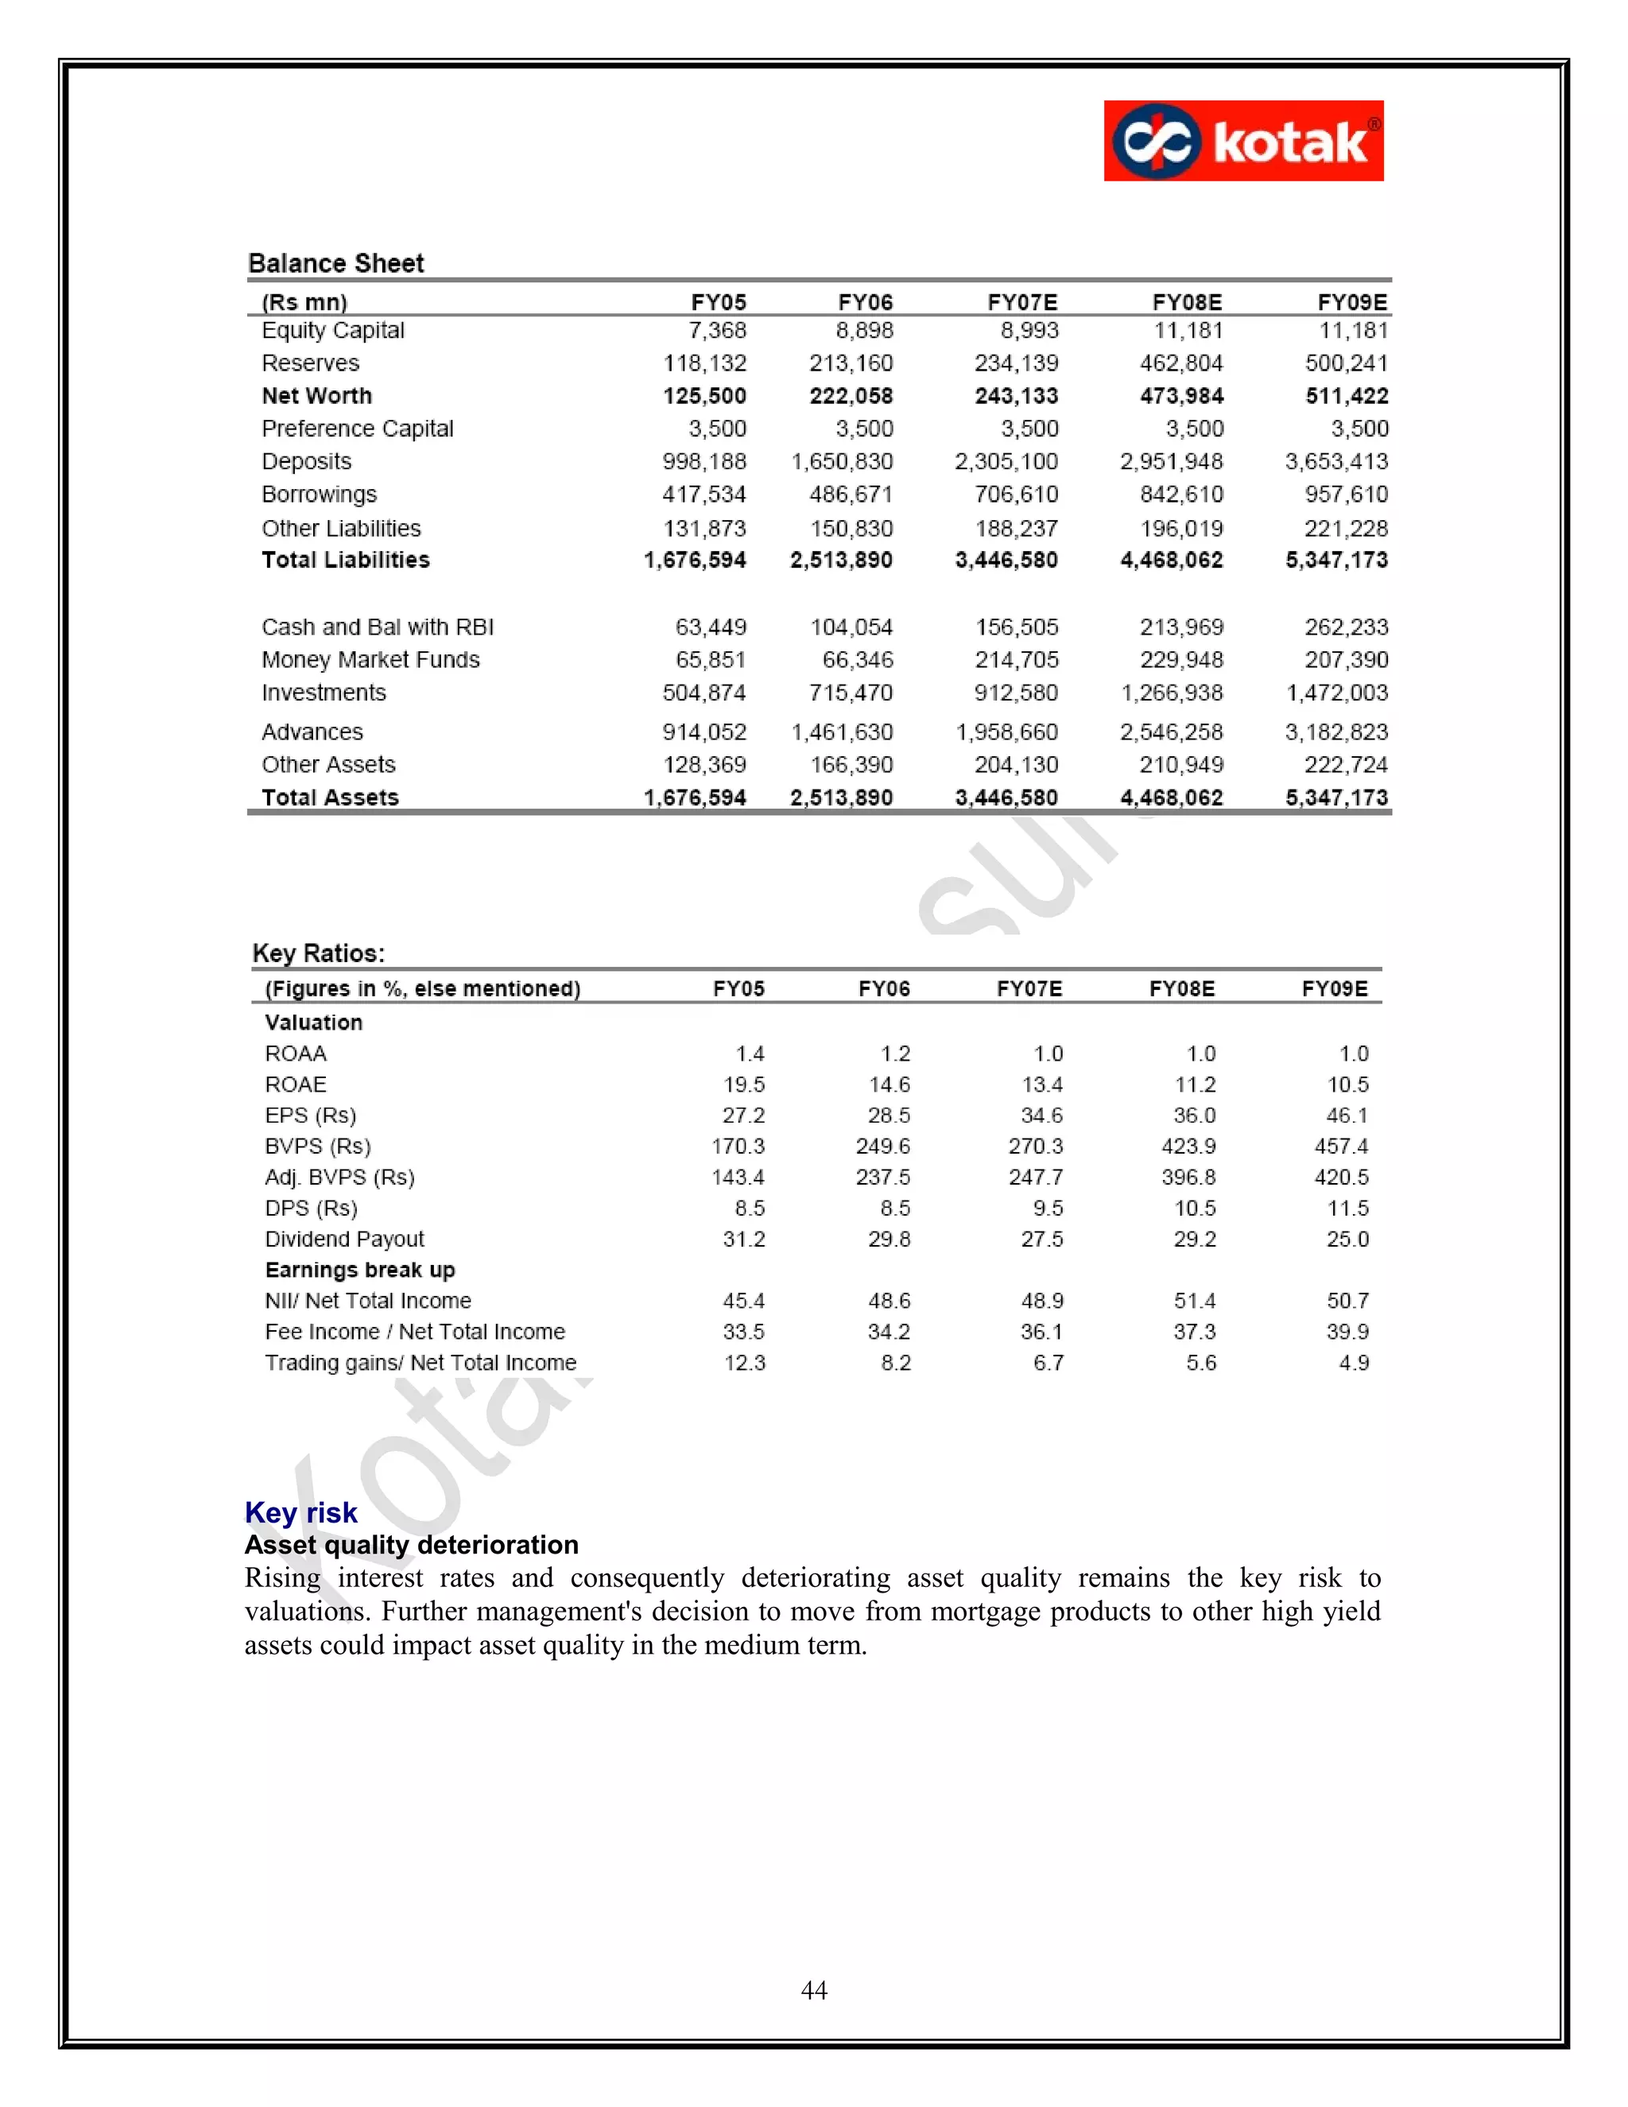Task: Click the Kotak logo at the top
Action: (x=1242, y=141)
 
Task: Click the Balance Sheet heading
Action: (x=335, y=263)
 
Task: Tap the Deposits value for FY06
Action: (x=842, y=461)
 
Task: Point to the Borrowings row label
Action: (x=320, y=494)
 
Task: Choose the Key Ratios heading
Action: (x=318, y=953)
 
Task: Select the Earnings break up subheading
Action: (x=360, y=1270)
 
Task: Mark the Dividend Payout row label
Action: (x=344, y=1239)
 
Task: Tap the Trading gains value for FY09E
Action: (x=1353, y=1362)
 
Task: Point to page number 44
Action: (x=813, y=1990)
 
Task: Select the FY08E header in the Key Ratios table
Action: (x=1181, y=989)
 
